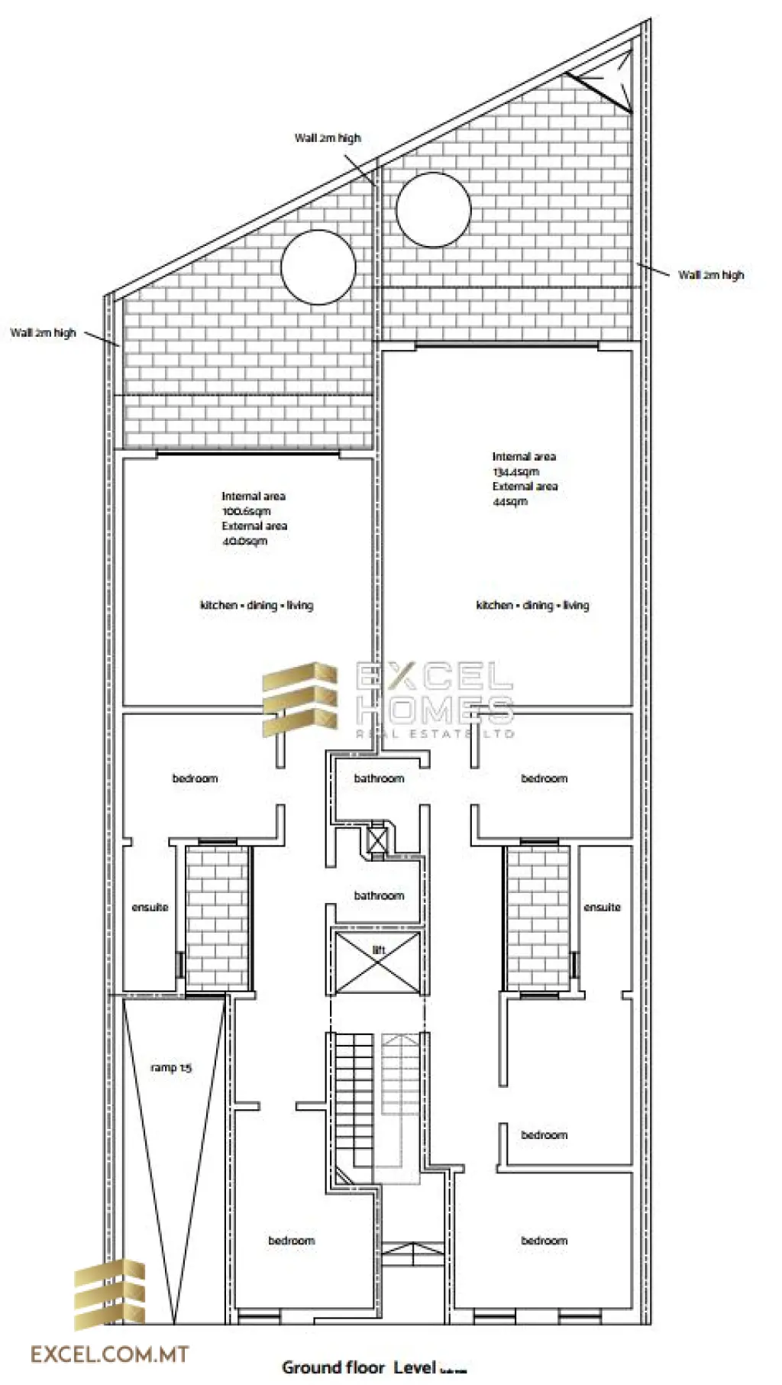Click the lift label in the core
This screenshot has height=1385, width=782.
coord(379,950)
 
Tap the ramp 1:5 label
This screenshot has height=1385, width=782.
coord(171,1067)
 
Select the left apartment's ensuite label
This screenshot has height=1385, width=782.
coord(150,907)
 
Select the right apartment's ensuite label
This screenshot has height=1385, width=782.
coord(602,907)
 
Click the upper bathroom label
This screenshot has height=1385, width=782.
coord(379,778)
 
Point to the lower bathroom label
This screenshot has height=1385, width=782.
coord(379,895)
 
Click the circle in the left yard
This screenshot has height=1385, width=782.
coord(318,267)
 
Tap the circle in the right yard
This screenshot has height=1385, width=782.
coord(433,209)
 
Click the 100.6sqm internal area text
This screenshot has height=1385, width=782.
coord(246,511)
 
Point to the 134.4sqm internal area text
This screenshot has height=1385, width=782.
coord(515,471)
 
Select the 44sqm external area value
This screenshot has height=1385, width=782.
coord(510,501)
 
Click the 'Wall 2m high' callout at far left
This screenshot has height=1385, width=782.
coord(44,332)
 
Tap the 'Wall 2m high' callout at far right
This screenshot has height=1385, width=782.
coord(711,274)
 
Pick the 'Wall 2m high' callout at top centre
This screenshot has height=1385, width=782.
coord(328,138)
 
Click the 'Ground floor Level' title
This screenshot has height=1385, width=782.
coord(359,1367)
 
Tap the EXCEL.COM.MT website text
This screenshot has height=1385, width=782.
coord(109,1354)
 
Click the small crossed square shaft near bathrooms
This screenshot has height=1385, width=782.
coord(377,840)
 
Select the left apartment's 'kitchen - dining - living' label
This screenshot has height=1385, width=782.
coord(257,605)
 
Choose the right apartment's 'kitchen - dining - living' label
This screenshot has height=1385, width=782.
coord(532,605)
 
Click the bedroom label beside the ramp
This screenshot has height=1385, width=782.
coord(291,1240)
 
